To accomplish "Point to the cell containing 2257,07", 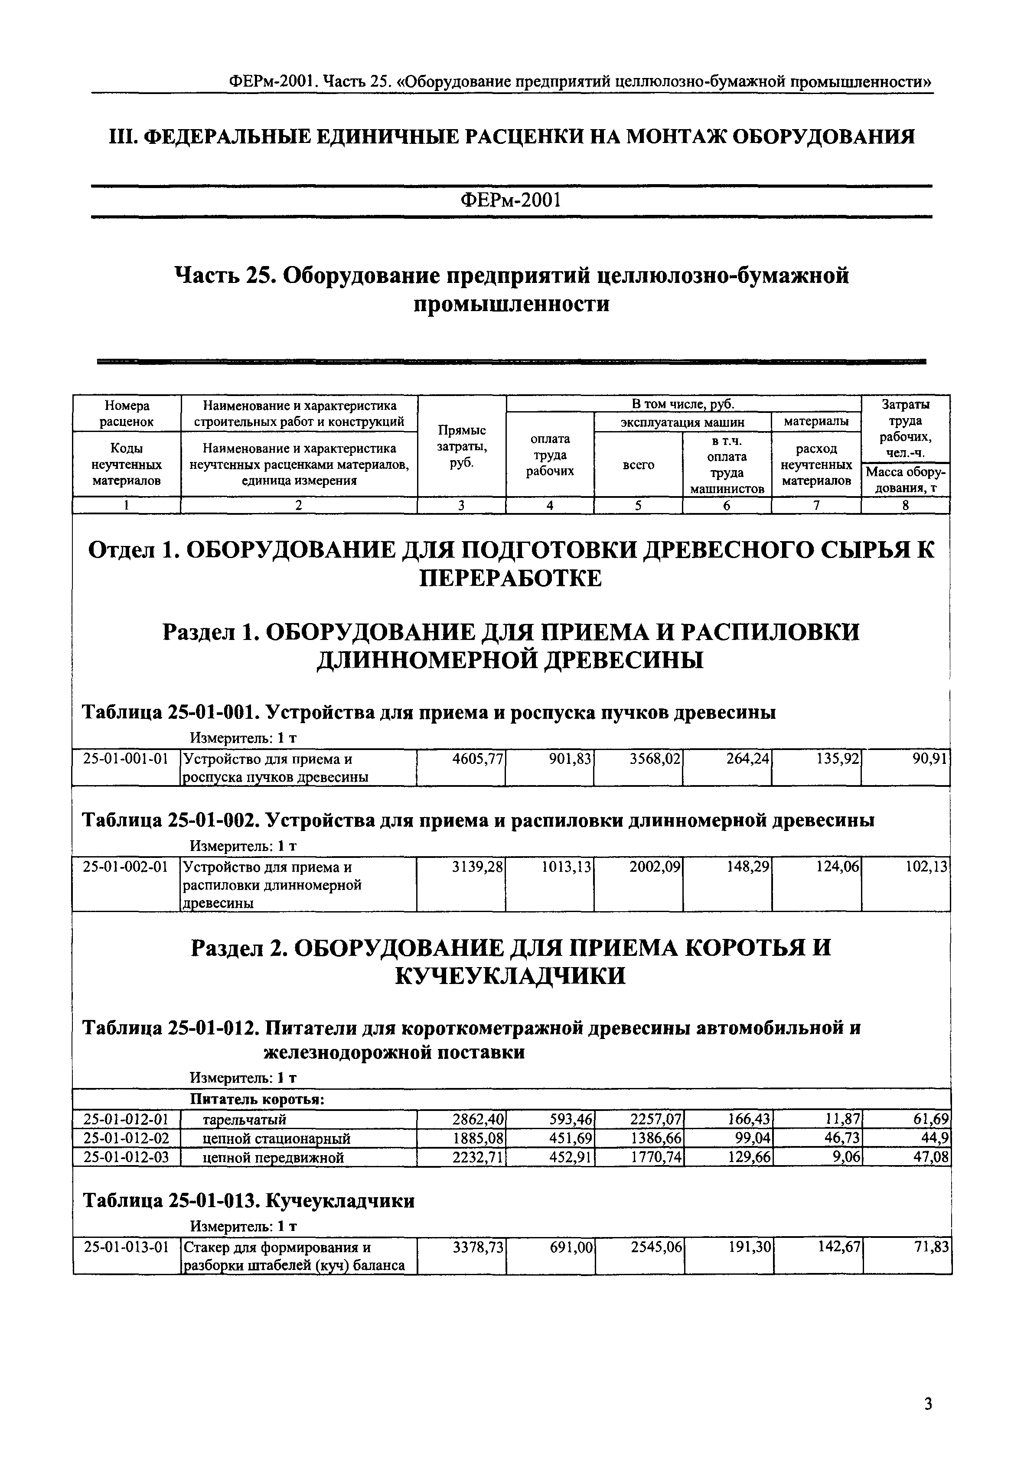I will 656,1120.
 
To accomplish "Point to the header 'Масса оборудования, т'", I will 905,480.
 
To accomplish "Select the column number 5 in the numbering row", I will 639,505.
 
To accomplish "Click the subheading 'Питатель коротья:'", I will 257,1100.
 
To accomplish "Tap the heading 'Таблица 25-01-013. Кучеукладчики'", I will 249,1201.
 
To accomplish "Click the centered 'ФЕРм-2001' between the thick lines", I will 511,201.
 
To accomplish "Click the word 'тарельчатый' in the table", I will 245,1120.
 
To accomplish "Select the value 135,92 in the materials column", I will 834,759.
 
